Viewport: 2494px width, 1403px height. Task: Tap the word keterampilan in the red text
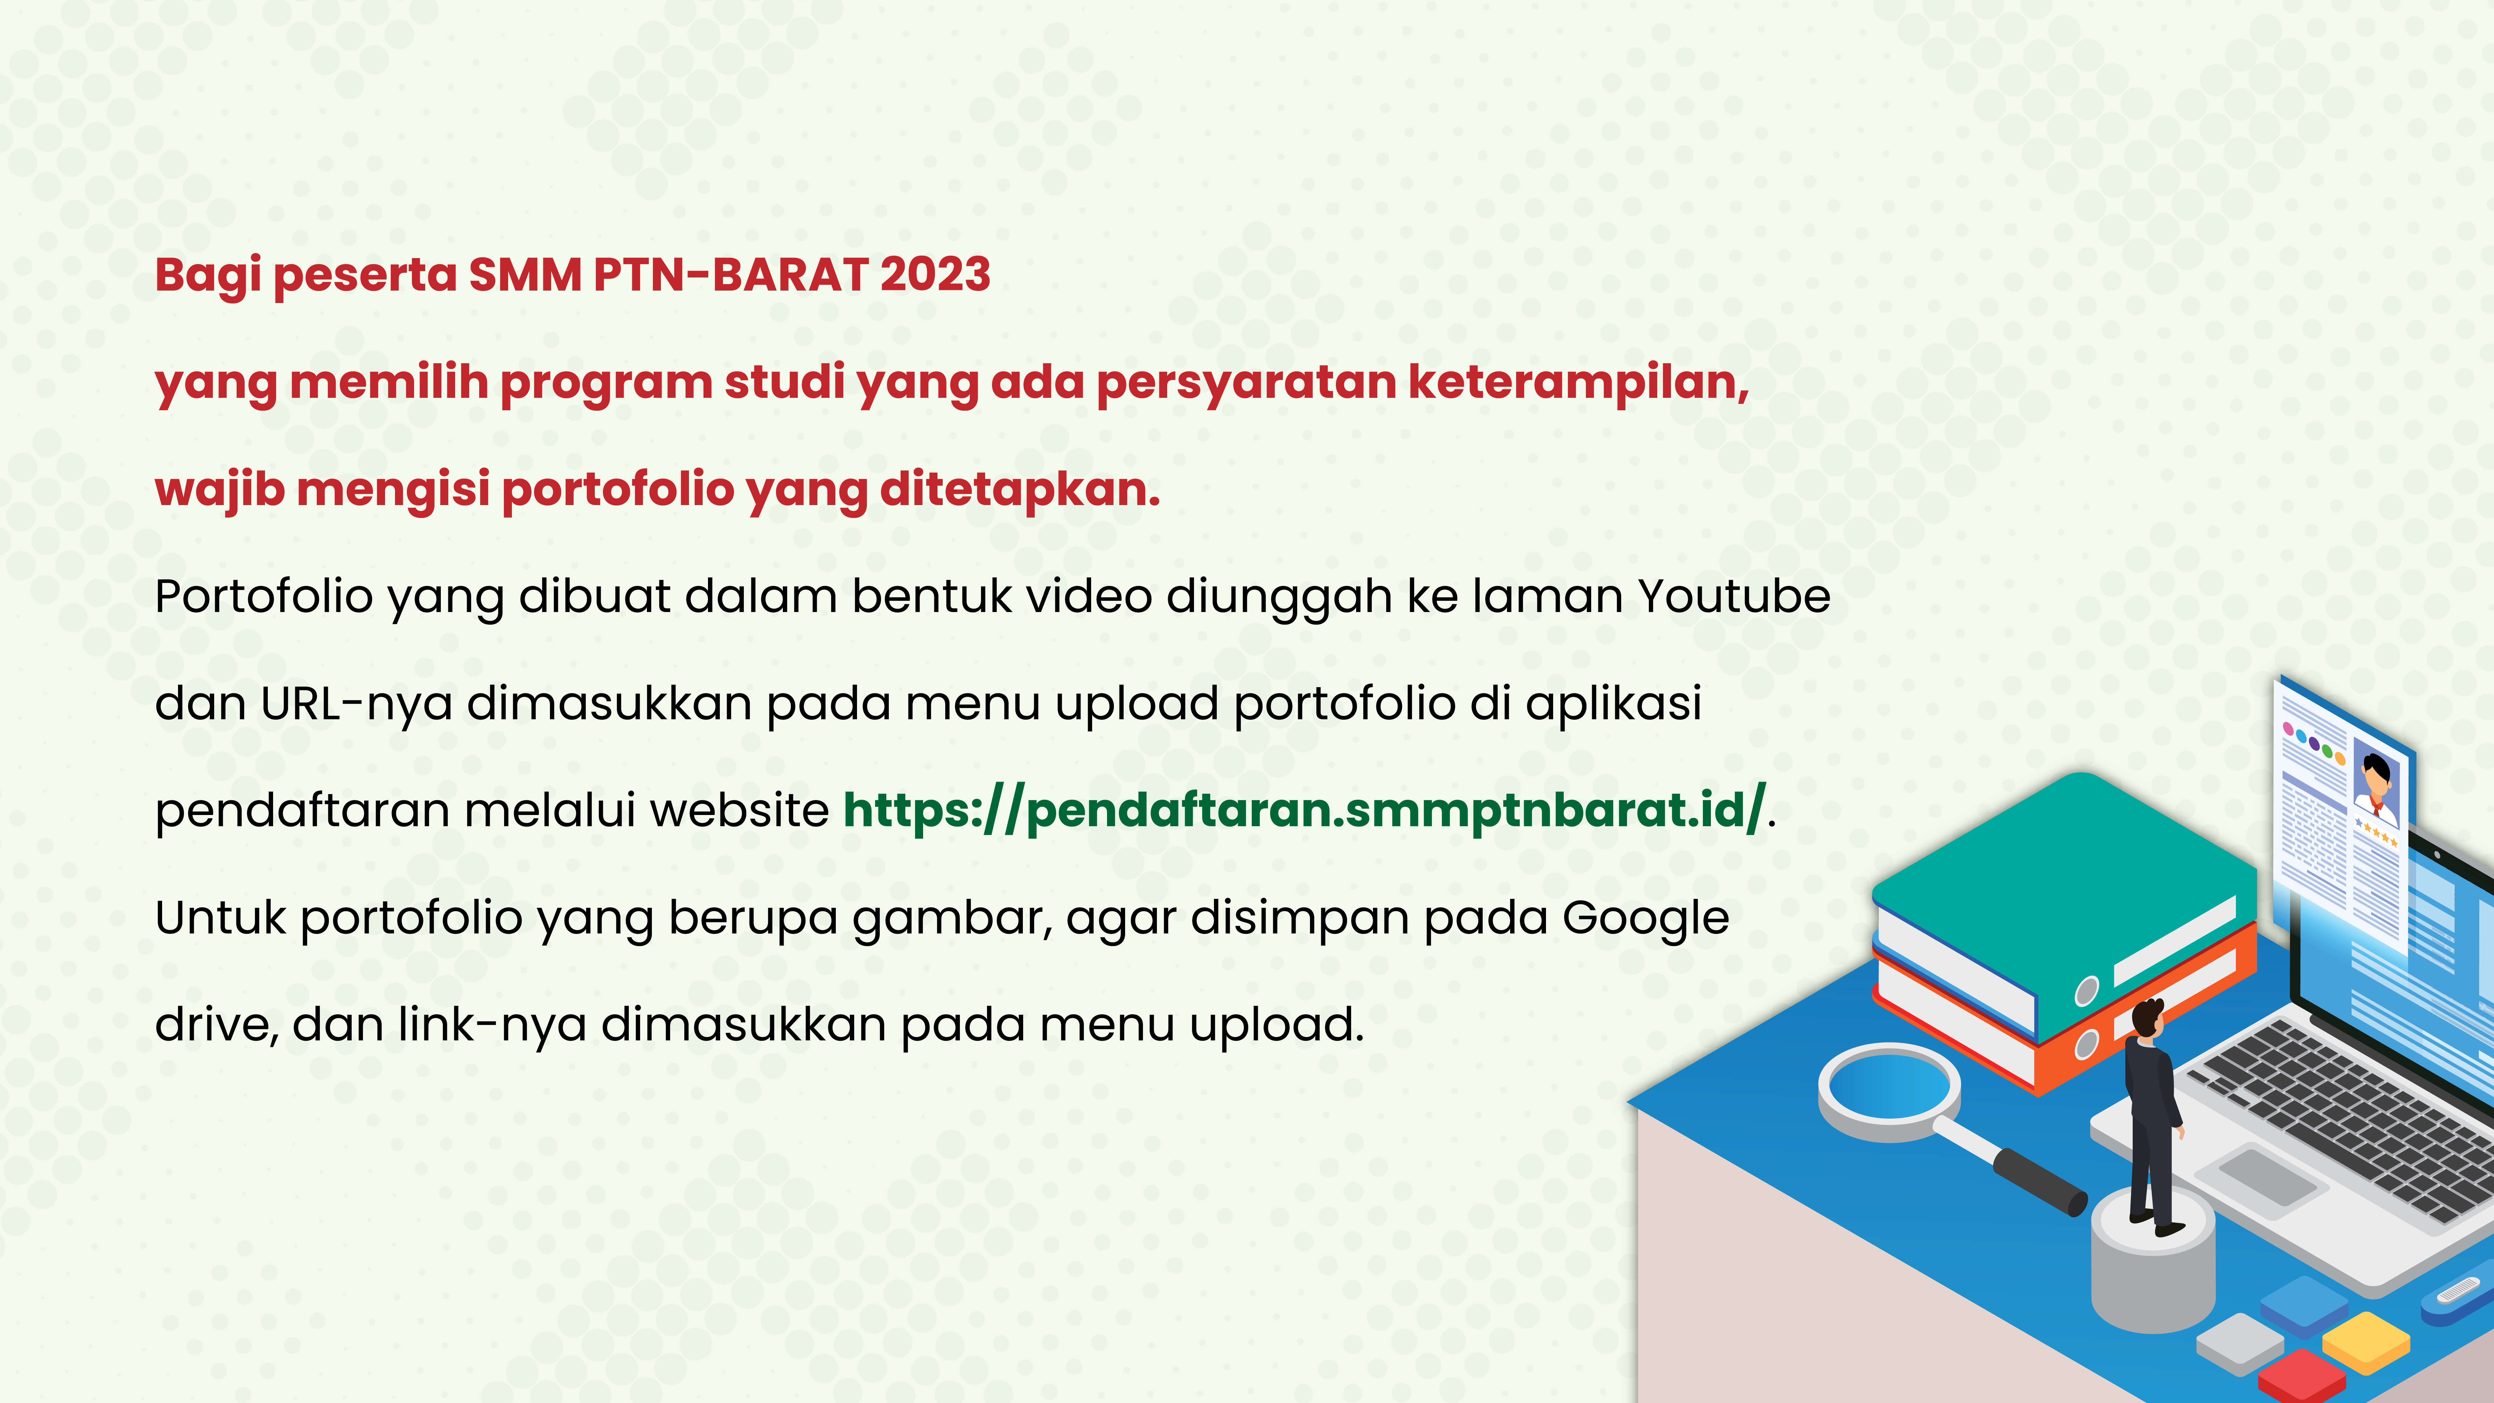coord(1578,383)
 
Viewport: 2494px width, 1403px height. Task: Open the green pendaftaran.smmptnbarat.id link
coord(1304,810)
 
